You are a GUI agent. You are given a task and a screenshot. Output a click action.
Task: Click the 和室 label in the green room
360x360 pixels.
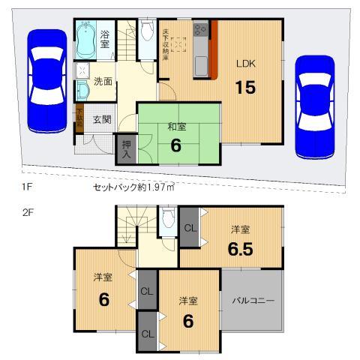(x=176, y=127)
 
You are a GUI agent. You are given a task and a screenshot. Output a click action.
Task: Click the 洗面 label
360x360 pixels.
(x=103, y=81)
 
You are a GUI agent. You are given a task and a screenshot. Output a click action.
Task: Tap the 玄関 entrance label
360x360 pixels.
(x=102, y=120)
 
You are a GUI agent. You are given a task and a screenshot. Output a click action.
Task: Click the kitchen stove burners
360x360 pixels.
(x=201, y=31)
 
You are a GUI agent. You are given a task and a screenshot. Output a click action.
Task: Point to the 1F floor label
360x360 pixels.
(x=27, y=184)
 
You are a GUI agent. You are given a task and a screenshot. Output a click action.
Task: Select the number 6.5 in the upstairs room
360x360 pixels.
(x=240, y=250)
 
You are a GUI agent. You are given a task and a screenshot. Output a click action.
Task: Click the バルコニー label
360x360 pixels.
(x=252, y=300)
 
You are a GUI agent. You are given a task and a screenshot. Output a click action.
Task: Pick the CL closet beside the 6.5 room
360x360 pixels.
(x=190, y=228)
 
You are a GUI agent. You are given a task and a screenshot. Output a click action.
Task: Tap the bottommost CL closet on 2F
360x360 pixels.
(x=147, y=334)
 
